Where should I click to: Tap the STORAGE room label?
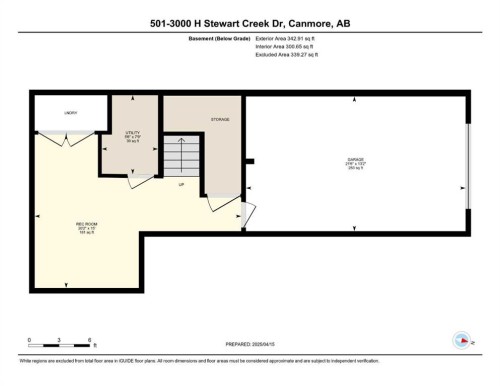pos(220,119)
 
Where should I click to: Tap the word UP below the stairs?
pos(182,186)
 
